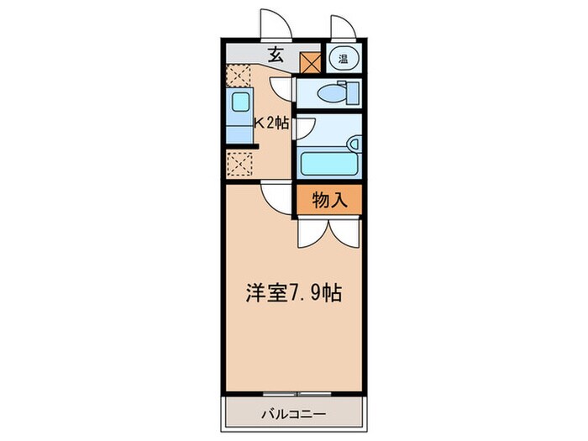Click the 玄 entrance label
point(275,57)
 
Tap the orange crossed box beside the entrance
point(312,60)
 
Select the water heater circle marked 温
point(344,58)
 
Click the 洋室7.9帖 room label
point(293,295)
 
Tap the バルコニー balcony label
point(293,413)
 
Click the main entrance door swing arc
point(276,24)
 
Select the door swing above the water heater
point(342,27)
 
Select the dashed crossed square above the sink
point(239,75)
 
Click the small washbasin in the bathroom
point(354,143)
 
